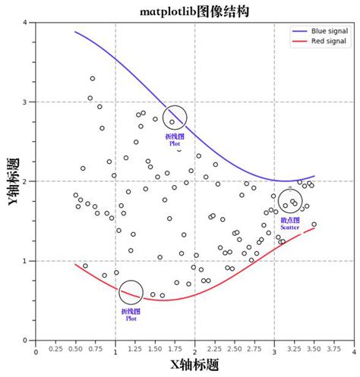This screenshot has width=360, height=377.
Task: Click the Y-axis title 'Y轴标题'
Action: (13, 181)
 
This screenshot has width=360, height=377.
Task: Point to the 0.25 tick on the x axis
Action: (55, 350)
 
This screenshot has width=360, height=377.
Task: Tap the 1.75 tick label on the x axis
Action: (175, 350)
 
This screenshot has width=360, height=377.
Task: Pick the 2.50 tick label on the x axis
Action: (235, 350)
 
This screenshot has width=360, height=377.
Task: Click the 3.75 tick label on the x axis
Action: (334, 350)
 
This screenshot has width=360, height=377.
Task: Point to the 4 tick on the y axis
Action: (26, 23)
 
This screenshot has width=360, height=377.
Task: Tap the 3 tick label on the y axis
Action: (26, 102)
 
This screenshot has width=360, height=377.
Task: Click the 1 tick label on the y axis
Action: (26, 261)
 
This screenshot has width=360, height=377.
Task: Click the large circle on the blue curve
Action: (175, 118)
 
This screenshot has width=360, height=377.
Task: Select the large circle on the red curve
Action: (131, 292)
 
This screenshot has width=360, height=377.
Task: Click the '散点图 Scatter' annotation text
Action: (290, 224)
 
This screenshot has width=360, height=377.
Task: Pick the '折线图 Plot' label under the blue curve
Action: (174, 139)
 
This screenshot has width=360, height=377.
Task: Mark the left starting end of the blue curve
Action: (75, 32)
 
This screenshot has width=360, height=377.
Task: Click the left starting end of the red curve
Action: (75, 264)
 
